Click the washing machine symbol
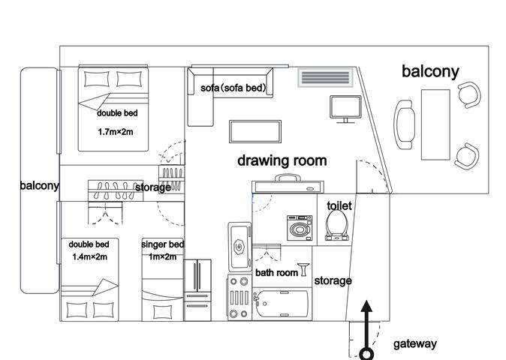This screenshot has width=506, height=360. click(300, 228)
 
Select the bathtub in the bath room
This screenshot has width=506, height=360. click(281, 304)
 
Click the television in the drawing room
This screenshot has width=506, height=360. click(345, 109)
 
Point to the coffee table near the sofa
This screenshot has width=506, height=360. click(255, 131)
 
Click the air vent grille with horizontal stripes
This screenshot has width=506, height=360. click(325, 77)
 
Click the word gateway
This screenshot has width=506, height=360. click(415, 344)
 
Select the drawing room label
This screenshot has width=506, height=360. click(282, 160)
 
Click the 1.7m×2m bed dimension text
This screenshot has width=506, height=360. click(116, 132)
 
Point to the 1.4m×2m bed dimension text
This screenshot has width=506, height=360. click(89, 256)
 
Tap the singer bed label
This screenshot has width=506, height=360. click(163, 244)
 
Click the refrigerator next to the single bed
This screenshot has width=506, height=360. click(197, 290)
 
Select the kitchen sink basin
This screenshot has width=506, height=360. click(239, 247)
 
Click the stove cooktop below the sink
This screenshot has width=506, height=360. click(239, 298)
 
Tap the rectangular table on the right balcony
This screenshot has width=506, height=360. click(435, 124)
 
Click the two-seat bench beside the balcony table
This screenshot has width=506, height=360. click(405, 124)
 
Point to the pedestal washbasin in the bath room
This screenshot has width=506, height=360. click(303, 269)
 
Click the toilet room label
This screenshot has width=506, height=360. click(339, 205)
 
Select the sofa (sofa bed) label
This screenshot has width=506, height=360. click(233, 88)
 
